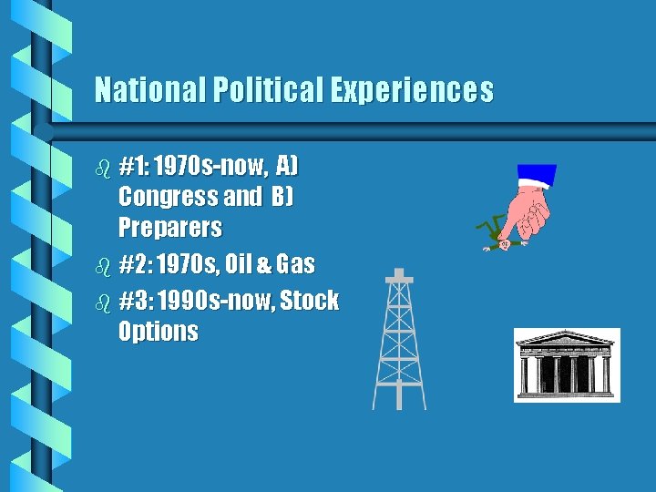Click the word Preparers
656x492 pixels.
[x=169, y=227]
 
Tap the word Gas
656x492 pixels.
[x=295, y=265]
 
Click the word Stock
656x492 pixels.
[x=310, y=301]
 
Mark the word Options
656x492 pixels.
[x=159, y=332]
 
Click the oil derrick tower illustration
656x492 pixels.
[x=399, y=339]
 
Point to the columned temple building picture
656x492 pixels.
[x=567, y=364]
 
